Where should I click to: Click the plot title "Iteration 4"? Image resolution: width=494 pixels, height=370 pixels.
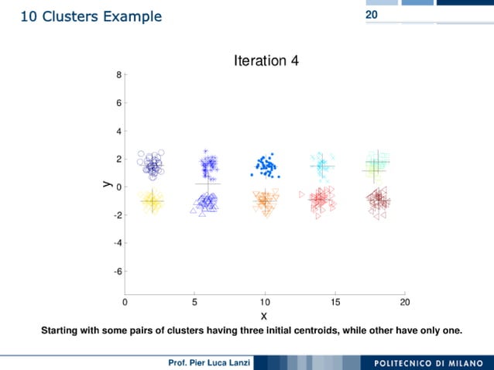pos(266,60)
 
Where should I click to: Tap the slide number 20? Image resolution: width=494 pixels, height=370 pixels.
pos(372,15)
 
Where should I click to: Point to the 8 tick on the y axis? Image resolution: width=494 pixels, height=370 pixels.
pos(118,75)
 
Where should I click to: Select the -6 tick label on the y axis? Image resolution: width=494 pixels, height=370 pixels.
pos(117,272)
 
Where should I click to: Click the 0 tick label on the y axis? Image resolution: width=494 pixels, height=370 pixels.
pos(118,187)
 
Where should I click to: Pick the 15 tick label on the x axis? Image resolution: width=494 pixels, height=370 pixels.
pos(334,300)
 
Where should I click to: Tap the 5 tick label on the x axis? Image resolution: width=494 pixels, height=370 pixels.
pos(195,300)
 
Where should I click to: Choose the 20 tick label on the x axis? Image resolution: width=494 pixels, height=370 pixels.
pos(404,300)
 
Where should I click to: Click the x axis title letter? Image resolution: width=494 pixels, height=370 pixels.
pos(264,315)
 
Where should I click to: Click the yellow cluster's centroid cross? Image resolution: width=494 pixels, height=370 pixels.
pos(152,201)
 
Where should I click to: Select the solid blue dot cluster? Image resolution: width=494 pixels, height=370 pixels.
pos(266,165)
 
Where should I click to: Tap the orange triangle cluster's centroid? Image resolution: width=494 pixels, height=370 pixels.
pos(264,200)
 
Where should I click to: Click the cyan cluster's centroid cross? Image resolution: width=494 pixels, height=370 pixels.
pos(321,165)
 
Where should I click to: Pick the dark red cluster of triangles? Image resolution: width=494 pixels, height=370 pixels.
pos(379,201)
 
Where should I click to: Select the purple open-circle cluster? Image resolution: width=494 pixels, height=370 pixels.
pos(152,165)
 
